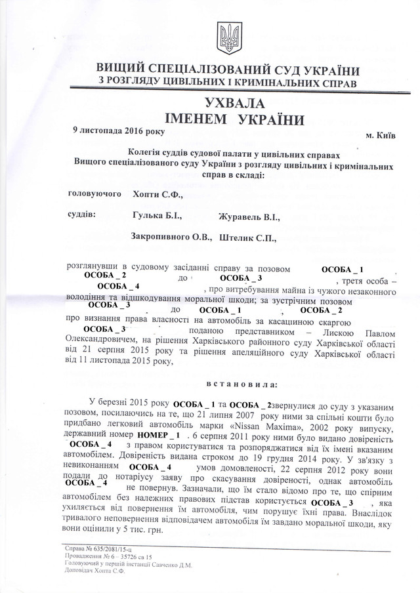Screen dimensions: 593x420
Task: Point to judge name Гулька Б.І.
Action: coord(156,215)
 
